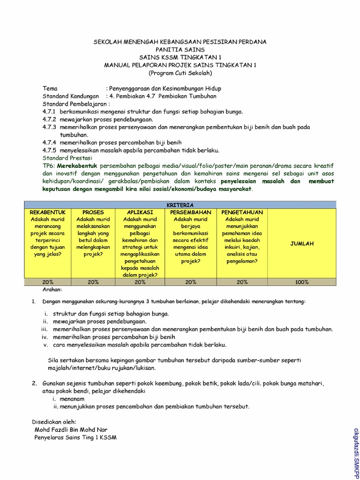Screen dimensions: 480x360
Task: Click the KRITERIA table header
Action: (x=180, y=205)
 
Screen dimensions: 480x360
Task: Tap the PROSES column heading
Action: (x=93, y=212)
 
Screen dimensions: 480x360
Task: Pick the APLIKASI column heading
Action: (x=140, y=212)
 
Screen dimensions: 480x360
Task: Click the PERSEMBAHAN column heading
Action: (x=190, y=212)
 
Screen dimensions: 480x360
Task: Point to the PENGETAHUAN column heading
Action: (x=242, y=212)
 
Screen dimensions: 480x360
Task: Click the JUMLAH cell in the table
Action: (x=302, y=244)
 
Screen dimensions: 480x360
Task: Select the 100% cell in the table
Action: (x=302, y=282)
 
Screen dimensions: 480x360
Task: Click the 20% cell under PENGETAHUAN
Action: (x=242, y=282)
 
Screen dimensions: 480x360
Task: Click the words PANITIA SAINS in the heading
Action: (x=180, y=49)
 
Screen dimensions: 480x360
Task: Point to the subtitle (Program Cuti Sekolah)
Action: (x=180, y=73)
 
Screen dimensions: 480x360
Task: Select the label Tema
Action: (x=50, y=89)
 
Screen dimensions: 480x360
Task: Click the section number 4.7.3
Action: (x=49, y=127)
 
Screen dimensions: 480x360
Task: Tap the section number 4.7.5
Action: (x=49, y=150)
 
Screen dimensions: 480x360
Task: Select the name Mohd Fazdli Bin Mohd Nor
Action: (x=70, y=429)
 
